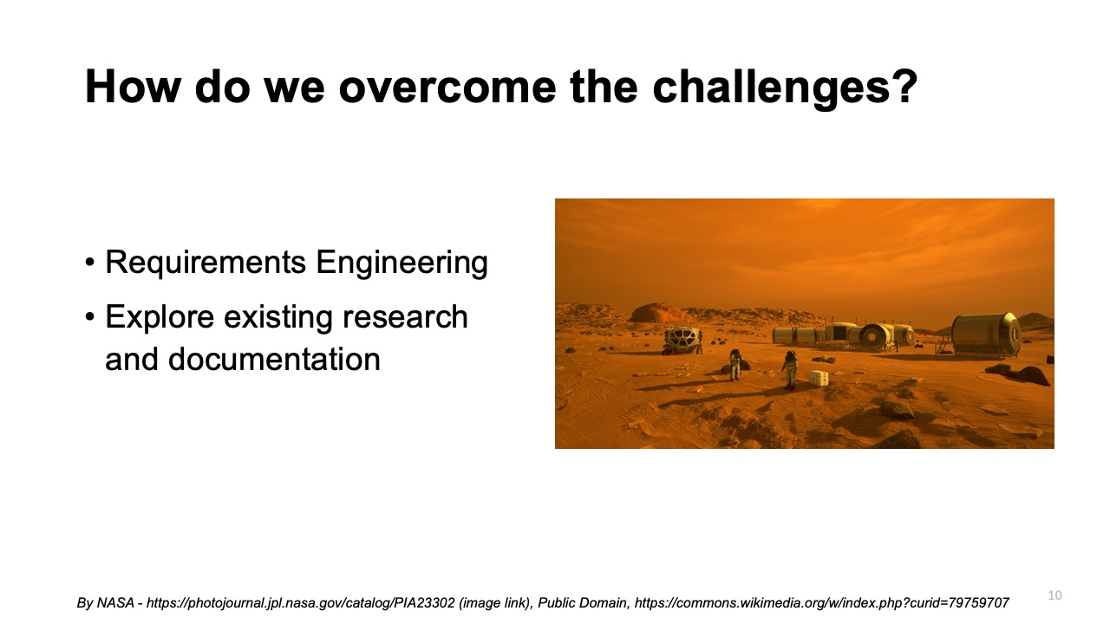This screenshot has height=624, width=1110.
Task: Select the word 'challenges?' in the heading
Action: pyautogui.click(x=785, y=88)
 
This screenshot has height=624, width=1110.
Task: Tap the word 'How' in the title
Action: pyautogui.click(x=133, y=88)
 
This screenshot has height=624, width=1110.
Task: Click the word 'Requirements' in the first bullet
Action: pyautogui.click(x=206, y=263)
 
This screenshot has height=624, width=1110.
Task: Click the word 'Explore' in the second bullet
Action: pyautogui.click(x=160, y=317)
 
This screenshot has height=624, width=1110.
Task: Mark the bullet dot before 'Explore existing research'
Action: pyautogui.click(x=91, y=318)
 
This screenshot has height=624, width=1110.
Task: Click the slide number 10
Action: pyautogui.click(x=1054, y=595)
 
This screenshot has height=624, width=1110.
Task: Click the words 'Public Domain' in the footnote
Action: pyautogui.click(x=584, y=602)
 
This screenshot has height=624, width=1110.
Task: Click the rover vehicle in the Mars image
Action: pyautogui.click(x=682, y=339)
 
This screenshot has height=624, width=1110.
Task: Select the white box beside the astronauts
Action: pyautogui.click(x=818, y=378)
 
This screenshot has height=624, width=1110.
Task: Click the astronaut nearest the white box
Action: pyautogui.click(x=790, y=369)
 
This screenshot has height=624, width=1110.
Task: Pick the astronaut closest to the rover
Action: pyautogui.click(x=735, y=364)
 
